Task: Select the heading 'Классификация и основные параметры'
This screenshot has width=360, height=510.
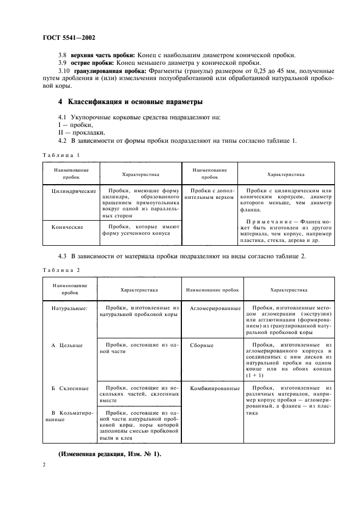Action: coord(130,102)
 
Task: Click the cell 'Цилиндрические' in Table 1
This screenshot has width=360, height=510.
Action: coord(74,191)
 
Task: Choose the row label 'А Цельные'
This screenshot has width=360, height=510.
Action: coord(66,345)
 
